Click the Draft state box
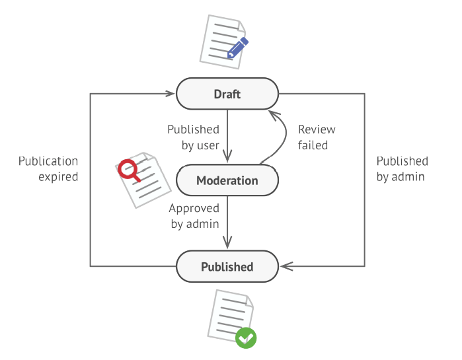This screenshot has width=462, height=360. [x=227, y=94]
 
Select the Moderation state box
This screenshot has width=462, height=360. [x=227, y=180]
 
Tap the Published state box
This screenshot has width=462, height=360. [x=227, y=267]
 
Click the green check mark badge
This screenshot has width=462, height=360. [x=246, y=338]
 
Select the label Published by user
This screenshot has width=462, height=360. [x=193, y=137]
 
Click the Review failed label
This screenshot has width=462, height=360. [x=316, y=137]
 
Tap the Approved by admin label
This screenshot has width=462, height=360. [x=194, y=216]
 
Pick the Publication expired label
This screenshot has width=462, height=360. [x=48, y=169]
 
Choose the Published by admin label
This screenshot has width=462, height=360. [x=402, y=169]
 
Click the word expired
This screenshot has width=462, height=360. [x=58, y=177]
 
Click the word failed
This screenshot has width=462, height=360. [x=313, y=145]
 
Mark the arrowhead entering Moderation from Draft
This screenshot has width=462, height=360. [x=227, y=158]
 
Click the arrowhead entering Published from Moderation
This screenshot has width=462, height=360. [x=227, y=244]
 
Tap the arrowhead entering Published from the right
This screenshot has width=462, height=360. [x=285, y=267]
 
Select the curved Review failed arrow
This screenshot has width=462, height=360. [x=283, y=135]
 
